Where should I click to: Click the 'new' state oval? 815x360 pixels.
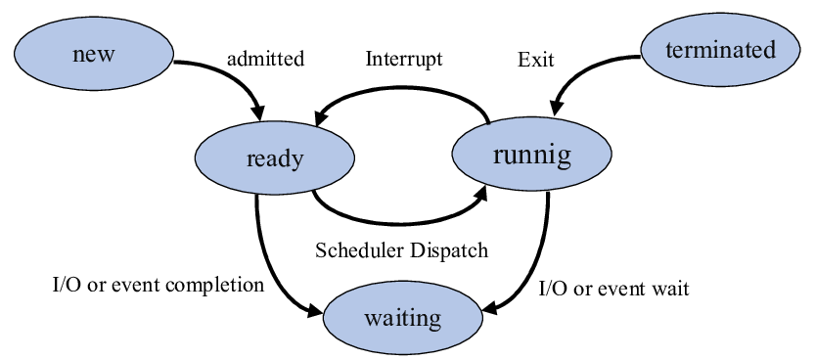point(94,54)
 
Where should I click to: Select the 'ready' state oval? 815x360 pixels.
point(275,159)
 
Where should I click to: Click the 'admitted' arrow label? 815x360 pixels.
point(265,59)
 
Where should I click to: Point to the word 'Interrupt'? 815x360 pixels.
point(404,59)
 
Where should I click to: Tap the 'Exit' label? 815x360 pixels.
point(535,60)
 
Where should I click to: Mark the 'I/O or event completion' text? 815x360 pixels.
point(158,286)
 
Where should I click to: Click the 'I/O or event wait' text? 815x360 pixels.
point(614,289)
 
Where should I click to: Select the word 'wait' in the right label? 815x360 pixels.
point(671,289)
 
